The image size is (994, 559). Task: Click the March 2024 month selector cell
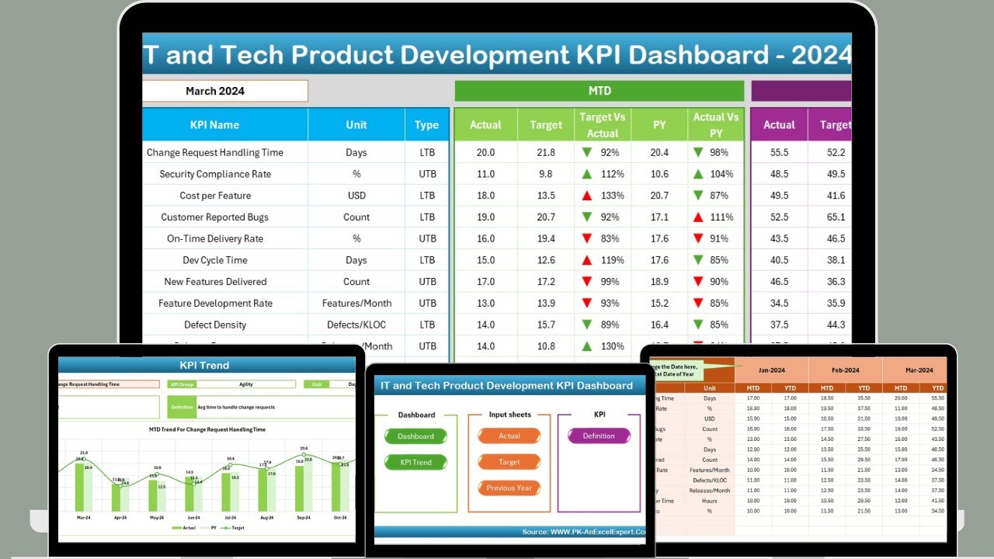[x=225, y=91]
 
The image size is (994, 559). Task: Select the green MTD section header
[x=599, y=91]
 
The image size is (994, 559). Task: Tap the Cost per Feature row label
[x=215, y=196]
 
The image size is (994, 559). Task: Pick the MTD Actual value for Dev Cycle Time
[x=485, y=260]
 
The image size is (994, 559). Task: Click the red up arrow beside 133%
[x=588, y=196]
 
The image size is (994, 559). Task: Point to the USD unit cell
[x=356, y=196]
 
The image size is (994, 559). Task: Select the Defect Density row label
[x=215, y=325]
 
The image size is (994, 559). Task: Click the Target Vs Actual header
[x=603, y=125]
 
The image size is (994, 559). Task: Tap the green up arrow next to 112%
[x=588, y=174]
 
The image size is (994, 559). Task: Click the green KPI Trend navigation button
[x=415, y=463]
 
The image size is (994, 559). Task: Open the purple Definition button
[x=599, y=436]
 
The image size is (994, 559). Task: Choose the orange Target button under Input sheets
[x=509, y=462]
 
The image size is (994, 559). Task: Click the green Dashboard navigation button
[x=415, y=436]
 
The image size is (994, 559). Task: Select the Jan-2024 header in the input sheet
[x=771, y=370]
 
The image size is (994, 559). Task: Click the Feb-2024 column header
[x=846, y=370]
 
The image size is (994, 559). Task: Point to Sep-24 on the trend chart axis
[x=303, y=516]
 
